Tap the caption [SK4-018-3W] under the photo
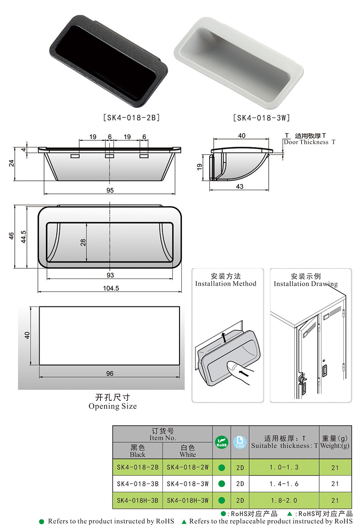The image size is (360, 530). click(x=261, y=118)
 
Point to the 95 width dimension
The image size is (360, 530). click(x=110, y=190)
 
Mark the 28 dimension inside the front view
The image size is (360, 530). click(x=83, y=242)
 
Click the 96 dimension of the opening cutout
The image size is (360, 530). click(x=110, y=373)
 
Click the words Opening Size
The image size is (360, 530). click(x=112, y=406)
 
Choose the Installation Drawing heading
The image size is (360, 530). click(x=306, y=283)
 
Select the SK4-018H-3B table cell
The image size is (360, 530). click(x=137, y=500)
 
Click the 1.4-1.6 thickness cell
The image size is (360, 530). click(x=284, y=484)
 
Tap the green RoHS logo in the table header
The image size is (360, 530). click(x=221, y=442)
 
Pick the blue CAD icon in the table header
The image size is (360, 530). click(x=240, y=442)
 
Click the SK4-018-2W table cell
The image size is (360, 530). click(x=187, y=467)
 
